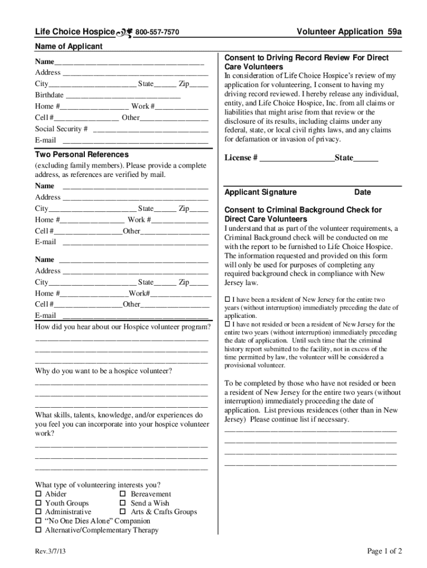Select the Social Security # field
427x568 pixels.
(x=151, y=129)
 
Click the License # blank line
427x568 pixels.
(x=297, y=158)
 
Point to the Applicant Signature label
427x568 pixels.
(x=260, y=192)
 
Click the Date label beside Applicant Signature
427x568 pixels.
(x=363, y=192)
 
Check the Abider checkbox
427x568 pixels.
(x=39, y=494)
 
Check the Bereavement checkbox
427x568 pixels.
(x=123, y=494)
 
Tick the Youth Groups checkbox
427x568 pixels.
(x=39, y=503)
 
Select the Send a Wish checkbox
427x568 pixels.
(x=123, y=503)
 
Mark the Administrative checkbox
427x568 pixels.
(x=39, y=512)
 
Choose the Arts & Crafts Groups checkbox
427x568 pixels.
(x=123, y=512)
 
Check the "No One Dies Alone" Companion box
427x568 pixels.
(x=39, y=521)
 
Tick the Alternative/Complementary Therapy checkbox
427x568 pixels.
(x=39, y=530)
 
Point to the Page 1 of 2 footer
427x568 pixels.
(x=384, y=551)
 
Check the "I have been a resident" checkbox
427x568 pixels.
(x=227, y=300)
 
